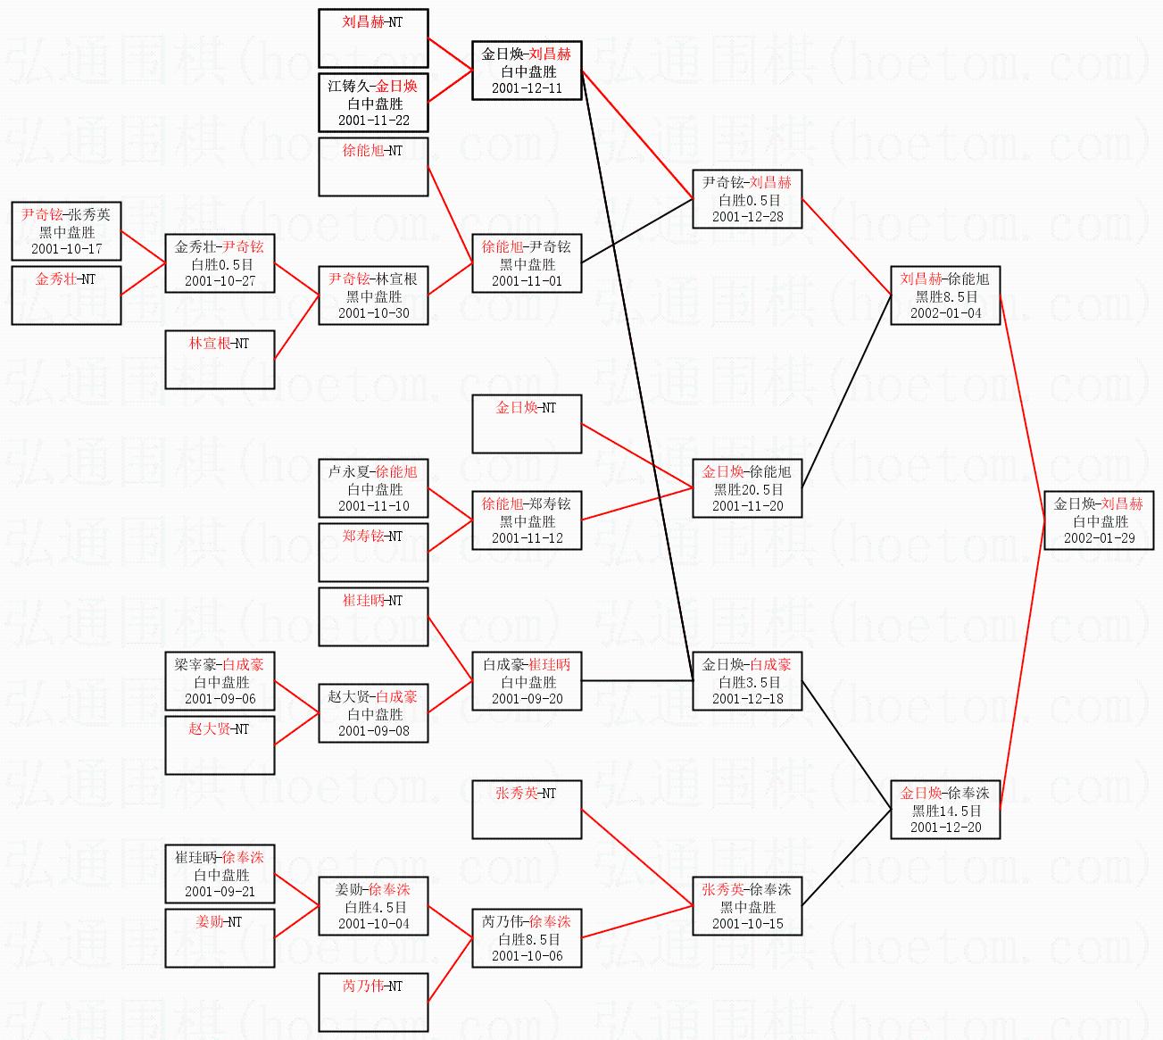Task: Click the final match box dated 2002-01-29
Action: point(1098,520)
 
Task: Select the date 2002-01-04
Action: point(945,313)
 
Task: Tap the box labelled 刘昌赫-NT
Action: point(373,37)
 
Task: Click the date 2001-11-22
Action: point(373,121)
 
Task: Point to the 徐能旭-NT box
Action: point(373,166)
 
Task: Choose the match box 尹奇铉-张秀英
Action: point(66,231)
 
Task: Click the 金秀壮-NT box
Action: point(66,295)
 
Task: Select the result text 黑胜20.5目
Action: point(747,489)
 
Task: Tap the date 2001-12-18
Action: point(747,699)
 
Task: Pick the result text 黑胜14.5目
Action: point(945,811)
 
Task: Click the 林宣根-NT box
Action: point(220,359)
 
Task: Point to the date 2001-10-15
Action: point(747,924)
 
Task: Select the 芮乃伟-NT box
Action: point(373,1002)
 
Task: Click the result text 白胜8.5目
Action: point(527,939)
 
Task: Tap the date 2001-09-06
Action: point(220,699)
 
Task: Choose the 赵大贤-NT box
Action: point(220,745)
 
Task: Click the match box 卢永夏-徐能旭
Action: point(373,488)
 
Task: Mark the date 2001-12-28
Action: point(747,217)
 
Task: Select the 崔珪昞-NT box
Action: point(373,616)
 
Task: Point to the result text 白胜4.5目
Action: point(373,907)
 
